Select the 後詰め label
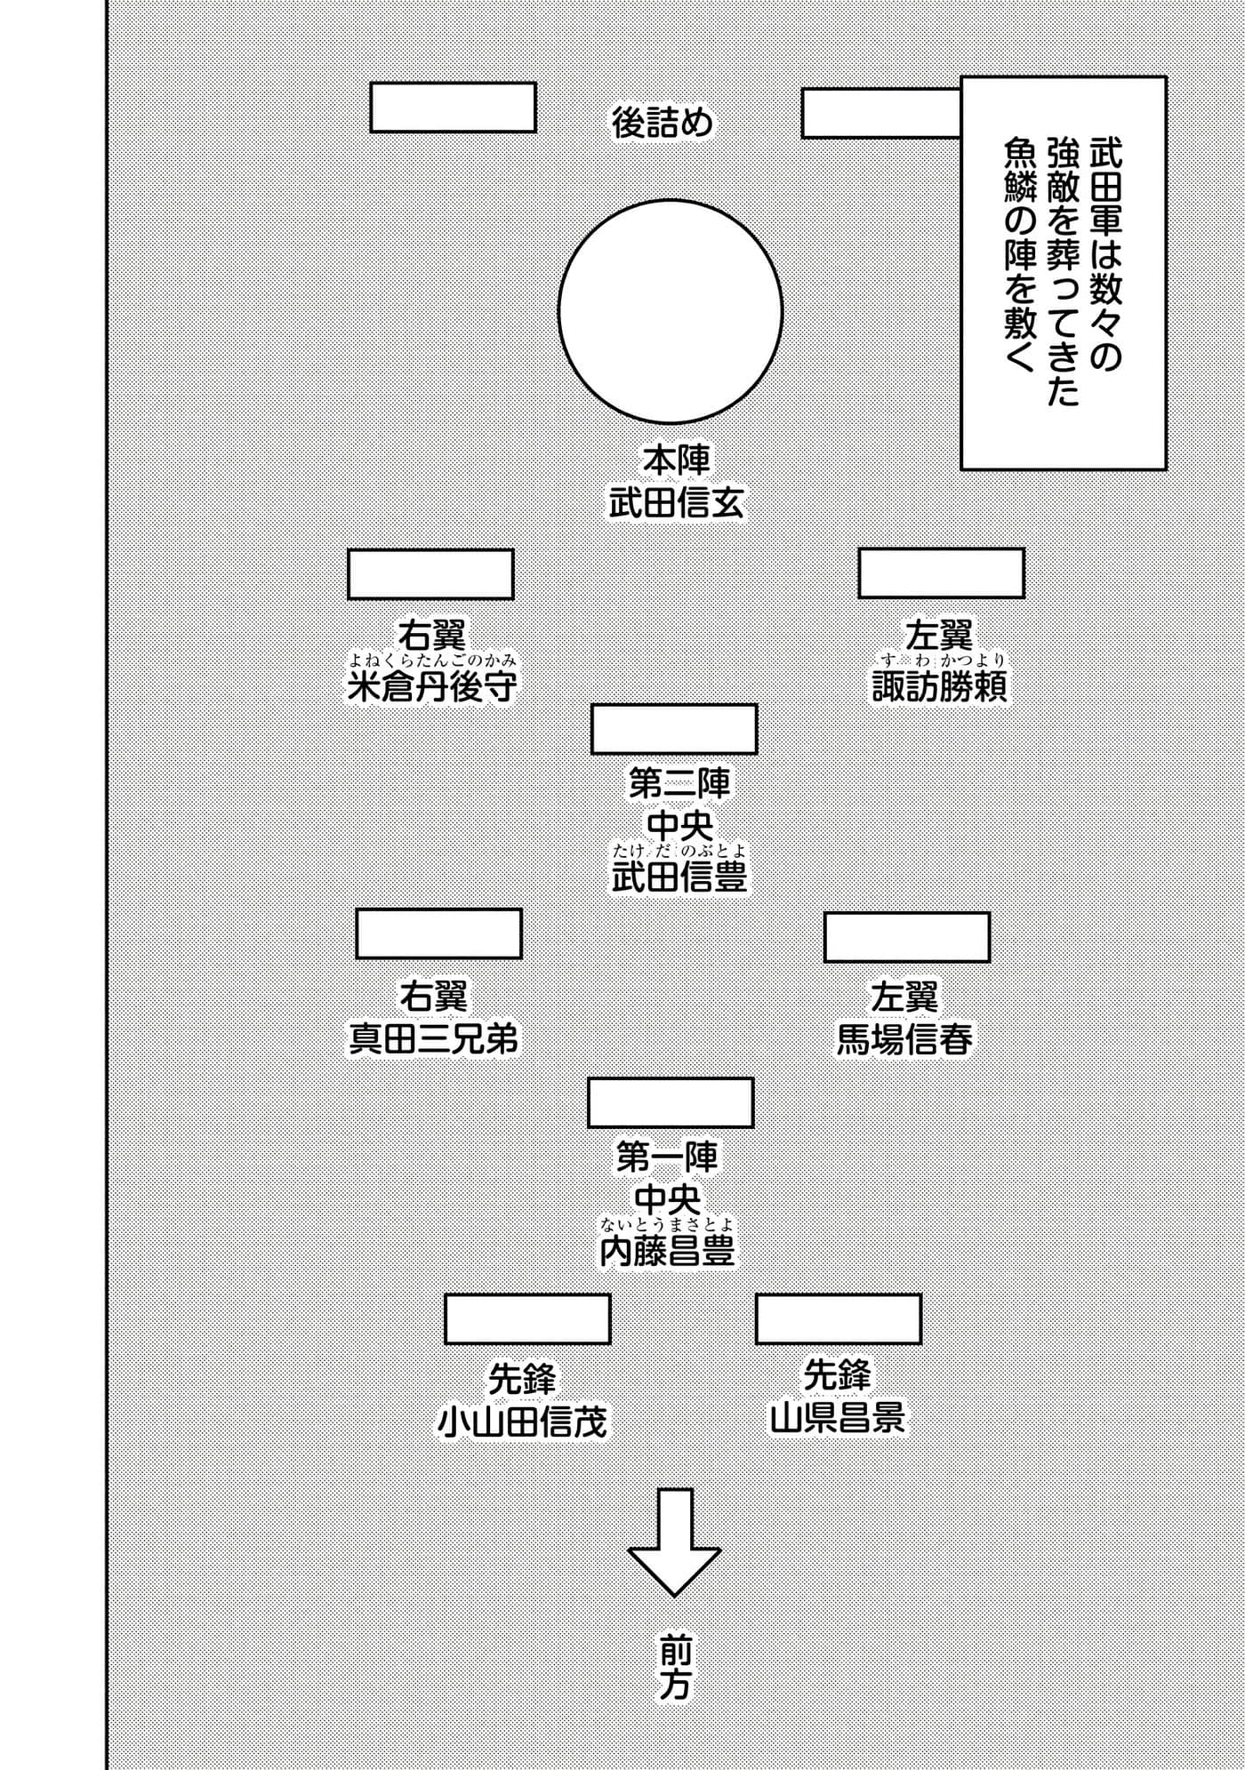[x=663, y=123]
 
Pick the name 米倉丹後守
[x=431, y=687]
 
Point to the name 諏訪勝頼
[x=940, y=687]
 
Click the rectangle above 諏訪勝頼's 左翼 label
[x=941, y=573]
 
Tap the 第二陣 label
[x=679, y=784]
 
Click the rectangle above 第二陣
[x=674, y=729]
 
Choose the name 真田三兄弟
[x=433, y=1039]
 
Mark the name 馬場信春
[x=904, y=1039]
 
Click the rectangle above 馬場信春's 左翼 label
[x=907, y=937]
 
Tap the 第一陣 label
[x=667, y=1157]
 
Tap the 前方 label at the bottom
[x=674, y=1664]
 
